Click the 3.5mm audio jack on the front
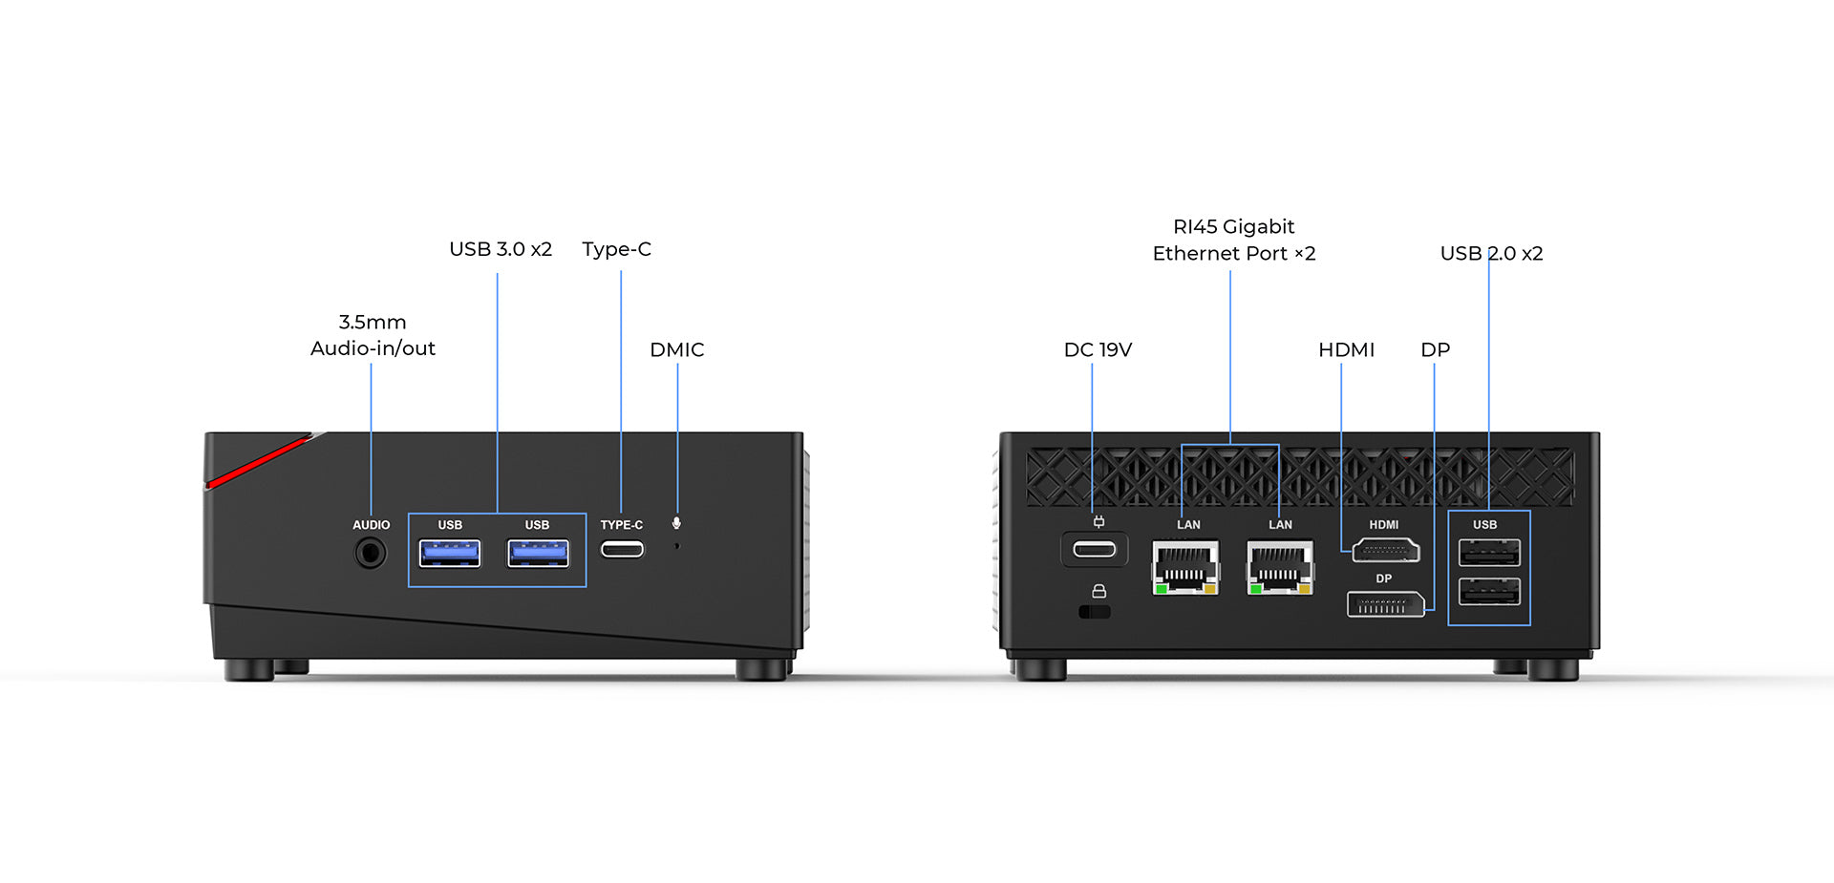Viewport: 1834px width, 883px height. pyautogui.click(x=371, y=553)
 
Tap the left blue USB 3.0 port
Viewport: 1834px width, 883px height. pyautogui.click(x=450, y=553)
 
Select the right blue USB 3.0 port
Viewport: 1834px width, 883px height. pyautogui.click(x=538, y=553)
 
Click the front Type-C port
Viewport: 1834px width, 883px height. pyautogui.click(x=622, y=549)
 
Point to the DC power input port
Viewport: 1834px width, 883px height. pyautogui.click(x=1095, y=550)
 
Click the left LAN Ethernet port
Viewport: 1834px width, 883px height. pyautogui.click(x=1185, y=567)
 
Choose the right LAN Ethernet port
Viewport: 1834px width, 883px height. pyautogui.click(x=1280, y=567)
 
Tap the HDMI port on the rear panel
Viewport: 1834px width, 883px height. pyautogui.click(x=1386, y=551)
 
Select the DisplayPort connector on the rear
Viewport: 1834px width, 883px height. pyautogui.click(x=1385, y=604)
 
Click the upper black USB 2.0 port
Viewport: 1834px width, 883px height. pyautogui.click(x=1489, y=553)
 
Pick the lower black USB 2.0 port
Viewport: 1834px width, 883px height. pyautogui.click(x=1489, y=592)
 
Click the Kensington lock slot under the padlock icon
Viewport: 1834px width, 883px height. pyautogui.click(x=1095, y=612)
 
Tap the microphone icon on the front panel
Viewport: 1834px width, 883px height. pyautogui.click(x=676, y=523)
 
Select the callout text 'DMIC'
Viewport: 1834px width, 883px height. pyautogui.click(x=676, y=350)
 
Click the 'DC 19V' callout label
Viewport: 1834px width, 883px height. pyautogui.click(x=1098, y=350)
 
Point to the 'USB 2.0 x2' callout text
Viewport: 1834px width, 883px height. pyautogui.click(x=1491, y=254)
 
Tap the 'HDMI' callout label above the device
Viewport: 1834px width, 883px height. pyautogui.click(x=1346, y=350)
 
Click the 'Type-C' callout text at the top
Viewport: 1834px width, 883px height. pyautogui.click(x=616, y=249)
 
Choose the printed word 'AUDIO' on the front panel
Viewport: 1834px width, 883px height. pyautogui.click(x=371, y=525)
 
